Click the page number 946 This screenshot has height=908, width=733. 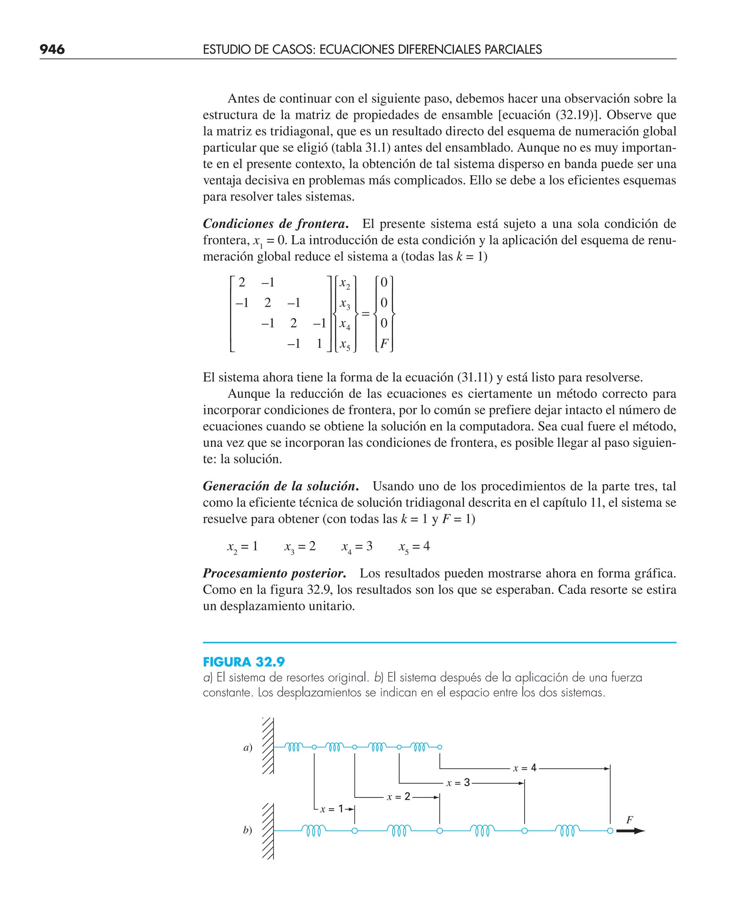[52, 49]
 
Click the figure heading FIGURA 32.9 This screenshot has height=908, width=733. [244, 662]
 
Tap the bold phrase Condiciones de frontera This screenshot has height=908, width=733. [275, 223]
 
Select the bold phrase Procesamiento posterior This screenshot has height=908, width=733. [275, 573]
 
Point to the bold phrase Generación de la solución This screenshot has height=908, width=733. [281, 486]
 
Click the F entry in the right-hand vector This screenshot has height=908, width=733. [383, 344]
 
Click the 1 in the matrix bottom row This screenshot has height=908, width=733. [320, 344]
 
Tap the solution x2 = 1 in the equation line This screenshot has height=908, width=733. [242, 546]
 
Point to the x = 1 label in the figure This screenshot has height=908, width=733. [332, 809]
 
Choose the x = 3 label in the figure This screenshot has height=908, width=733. [458, 783]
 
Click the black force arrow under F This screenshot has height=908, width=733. [630, 831]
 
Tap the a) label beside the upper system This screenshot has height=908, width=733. [248, 748]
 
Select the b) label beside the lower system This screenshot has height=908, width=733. [247, 830]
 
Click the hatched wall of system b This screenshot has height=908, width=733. [268, 831]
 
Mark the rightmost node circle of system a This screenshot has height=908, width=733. [440, 747]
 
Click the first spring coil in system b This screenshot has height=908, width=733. [313, 831]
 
